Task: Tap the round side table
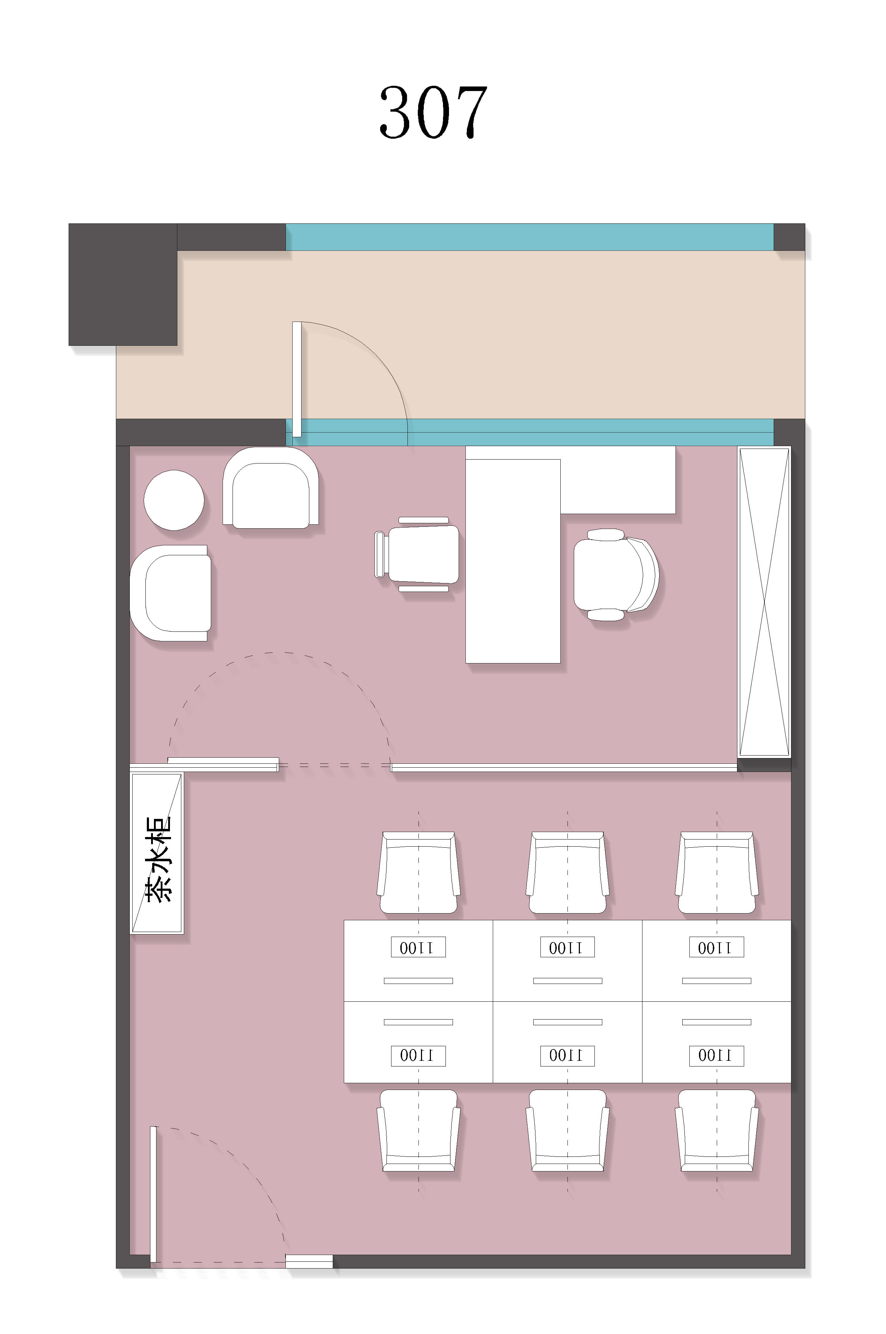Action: (174, 500)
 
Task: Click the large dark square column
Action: (123, 284)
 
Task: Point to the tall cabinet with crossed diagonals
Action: (764, 602)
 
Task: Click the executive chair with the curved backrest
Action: (616, 574)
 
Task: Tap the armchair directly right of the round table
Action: (271, 488)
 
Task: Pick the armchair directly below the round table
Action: (171, 593)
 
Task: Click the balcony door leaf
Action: (297, 379)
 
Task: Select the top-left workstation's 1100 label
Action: (418, 947)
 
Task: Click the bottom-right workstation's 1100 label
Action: (716, 1055)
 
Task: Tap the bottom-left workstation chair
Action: (418, 1131)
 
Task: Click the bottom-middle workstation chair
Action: (567, 1131)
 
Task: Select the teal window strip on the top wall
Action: (529, 237)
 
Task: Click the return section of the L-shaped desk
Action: (618, 480)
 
